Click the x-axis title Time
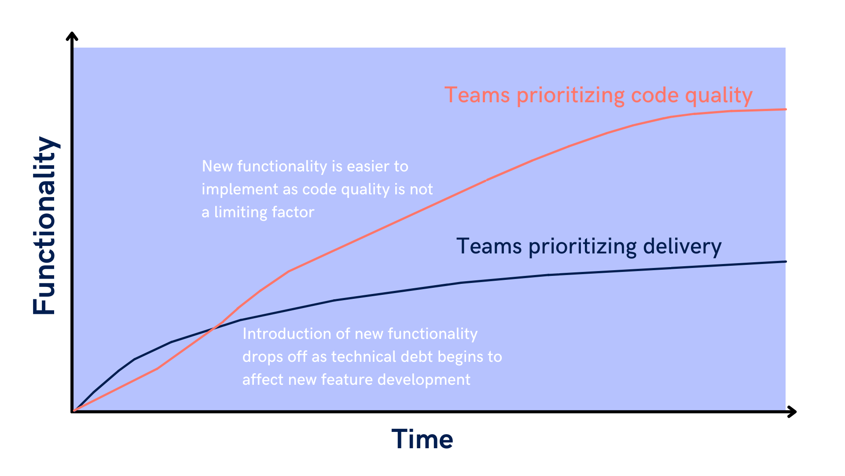(422, 439)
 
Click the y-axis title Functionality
(44, 225)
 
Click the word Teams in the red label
(477, 95)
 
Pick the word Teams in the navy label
(489, 246)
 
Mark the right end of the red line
(786, 109)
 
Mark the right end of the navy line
(786, 262)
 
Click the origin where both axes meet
(72, 412)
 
